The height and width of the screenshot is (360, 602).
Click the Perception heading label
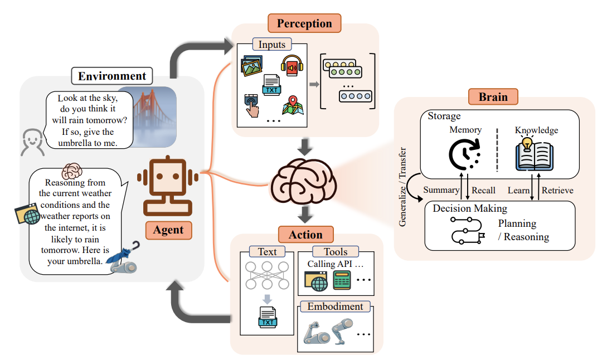304,23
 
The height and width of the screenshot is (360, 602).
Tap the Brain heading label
493,96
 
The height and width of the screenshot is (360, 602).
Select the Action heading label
305,235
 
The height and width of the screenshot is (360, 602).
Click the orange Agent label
168,230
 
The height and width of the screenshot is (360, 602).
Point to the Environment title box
112,76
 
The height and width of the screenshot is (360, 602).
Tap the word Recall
483,190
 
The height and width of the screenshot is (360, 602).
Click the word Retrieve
557,190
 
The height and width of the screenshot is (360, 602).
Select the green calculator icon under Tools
342,280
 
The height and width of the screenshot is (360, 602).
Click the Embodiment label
335,307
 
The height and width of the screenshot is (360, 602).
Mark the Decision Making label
470,208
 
